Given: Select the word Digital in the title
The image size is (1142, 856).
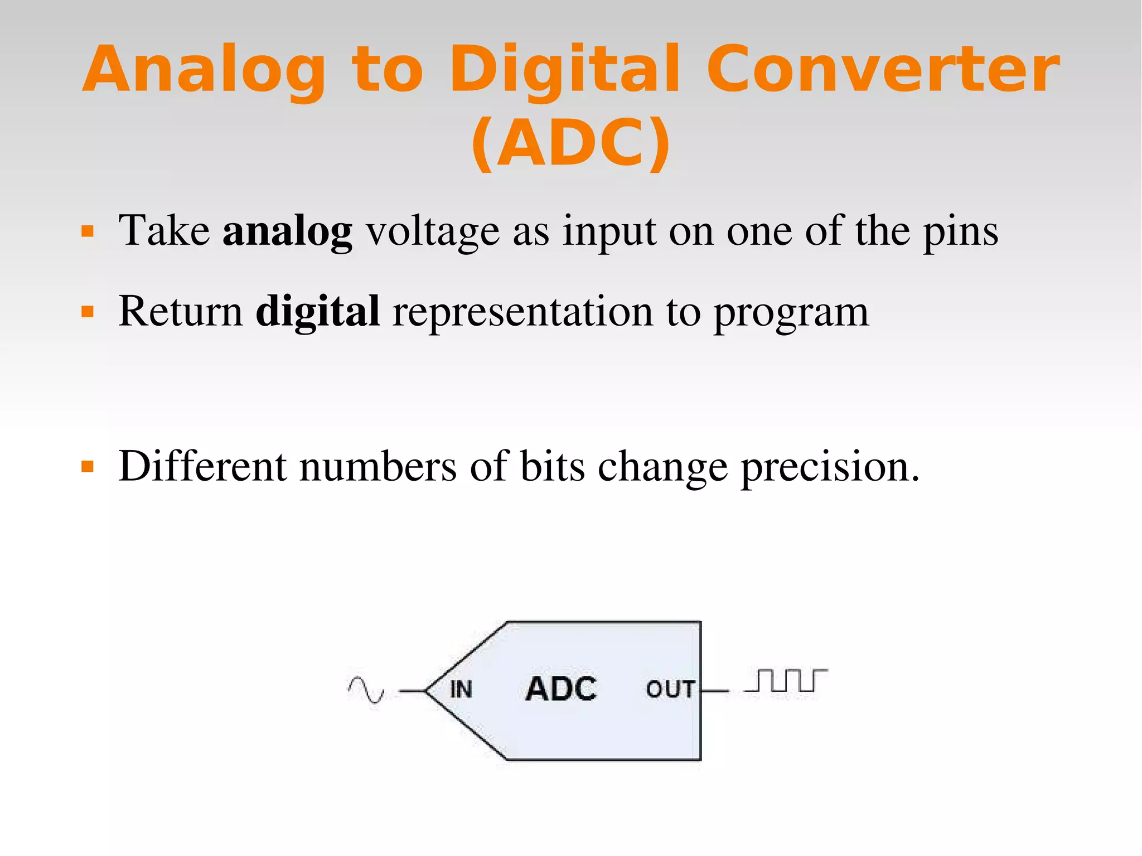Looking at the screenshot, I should pyautogui.click(x=564, y=70).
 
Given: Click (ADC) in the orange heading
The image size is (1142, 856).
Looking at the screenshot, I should pyautogui.click(x=570, y=143).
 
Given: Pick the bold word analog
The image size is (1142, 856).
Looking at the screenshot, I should pyautogui.click(x=287, y=231).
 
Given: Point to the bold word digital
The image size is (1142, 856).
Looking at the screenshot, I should pyautogui.click(x=318, y=311).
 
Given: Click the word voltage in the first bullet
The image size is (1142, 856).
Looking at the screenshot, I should pyautogui.click(x=433, y=231).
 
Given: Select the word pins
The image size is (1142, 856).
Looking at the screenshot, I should pyautogui.click(x=960, y=231).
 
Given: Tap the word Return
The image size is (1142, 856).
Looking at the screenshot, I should pyautogui.click(x=181, y=311).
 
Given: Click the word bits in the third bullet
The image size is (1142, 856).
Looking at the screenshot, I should pyautogui.click(x=552, y=466).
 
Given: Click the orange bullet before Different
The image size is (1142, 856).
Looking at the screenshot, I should pyautogui.click(x=88, y=466).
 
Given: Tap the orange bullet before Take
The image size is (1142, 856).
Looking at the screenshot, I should pyautogui.click(x=88, y=231).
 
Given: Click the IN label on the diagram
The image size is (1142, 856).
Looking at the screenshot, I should pyautogui.click(x=461, y=690).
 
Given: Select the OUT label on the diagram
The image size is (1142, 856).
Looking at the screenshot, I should pyautogui.click(x=670, y=690).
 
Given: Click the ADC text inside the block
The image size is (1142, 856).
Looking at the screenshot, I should pyautogui.click(x=561, y=689).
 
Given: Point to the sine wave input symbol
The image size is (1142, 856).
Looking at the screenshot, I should pyautogui.click(x=366, y=689).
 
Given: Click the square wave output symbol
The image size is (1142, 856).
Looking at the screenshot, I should pyautogui.click(x=786, y=681).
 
